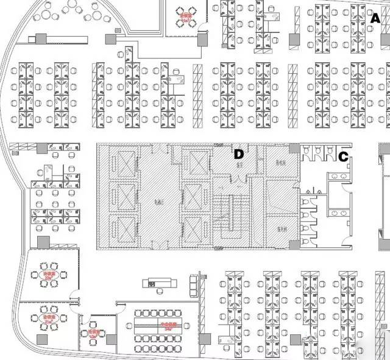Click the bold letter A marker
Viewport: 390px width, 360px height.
point(375,18)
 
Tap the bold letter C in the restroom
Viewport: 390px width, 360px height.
point(343,157)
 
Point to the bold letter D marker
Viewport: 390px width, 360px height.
point(239,154)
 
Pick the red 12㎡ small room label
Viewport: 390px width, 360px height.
point(93,333)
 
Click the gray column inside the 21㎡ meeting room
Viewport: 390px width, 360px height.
point(42,339)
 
